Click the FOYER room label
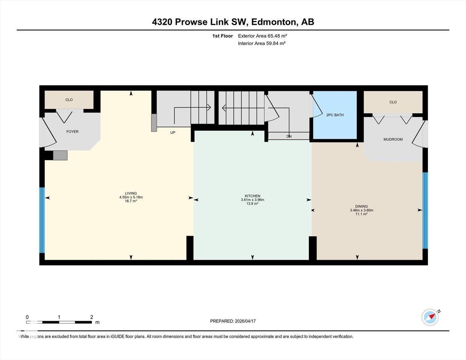(x=72, y=132)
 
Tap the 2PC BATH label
(x=335, y=115)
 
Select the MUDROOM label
(x=393, y=139)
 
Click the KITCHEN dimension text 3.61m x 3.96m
(x=253, y=200)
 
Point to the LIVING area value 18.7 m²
(x=131, y=201)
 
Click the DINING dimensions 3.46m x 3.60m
(x=361, y=210)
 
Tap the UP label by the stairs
(x=173, y=133)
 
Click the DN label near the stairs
(x=289, y=136)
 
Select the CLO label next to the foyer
(x=69, y=100)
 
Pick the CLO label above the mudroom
(x=393, y=102)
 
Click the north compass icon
(x=430, y=317)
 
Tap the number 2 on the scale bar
(x=92, y=317)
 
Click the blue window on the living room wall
(x=42, y=220)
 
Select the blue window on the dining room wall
(x=425, y=210)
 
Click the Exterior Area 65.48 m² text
(x=262, y=36)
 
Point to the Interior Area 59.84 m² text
(x=262, y=43)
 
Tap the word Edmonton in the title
(x=273, y=22)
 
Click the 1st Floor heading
(x=222, y=36)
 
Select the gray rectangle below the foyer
(x=60, y=155)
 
